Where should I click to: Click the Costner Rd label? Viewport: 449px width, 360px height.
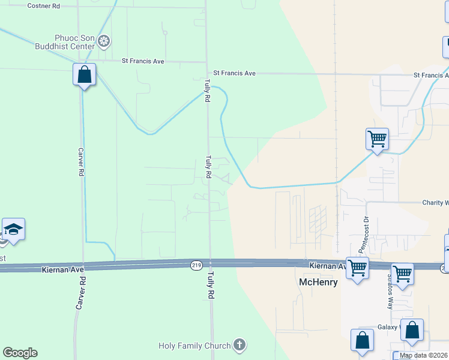coord(44,5)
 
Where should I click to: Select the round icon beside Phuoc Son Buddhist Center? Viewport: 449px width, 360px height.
coord(104,41)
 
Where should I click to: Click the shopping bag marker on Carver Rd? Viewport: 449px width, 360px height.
coord(85,75)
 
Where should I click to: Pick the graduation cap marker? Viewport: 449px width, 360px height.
coord(13,229)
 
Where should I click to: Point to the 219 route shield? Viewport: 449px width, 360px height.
coord(196,265)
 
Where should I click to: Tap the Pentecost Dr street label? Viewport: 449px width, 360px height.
coord(363,235)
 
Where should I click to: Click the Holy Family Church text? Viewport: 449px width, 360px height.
coord(194,346)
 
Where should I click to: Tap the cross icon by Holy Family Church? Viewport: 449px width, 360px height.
coord(239,345)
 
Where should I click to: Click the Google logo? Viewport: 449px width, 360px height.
coord(20,353)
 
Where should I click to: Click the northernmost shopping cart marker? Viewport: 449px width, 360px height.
coord(377,139)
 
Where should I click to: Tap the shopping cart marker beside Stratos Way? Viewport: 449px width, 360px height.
coord(402,274)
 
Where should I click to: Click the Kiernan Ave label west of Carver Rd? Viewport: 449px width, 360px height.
coord(62,271)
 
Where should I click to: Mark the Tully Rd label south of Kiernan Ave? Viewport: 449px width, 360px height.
coord(211,288)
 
